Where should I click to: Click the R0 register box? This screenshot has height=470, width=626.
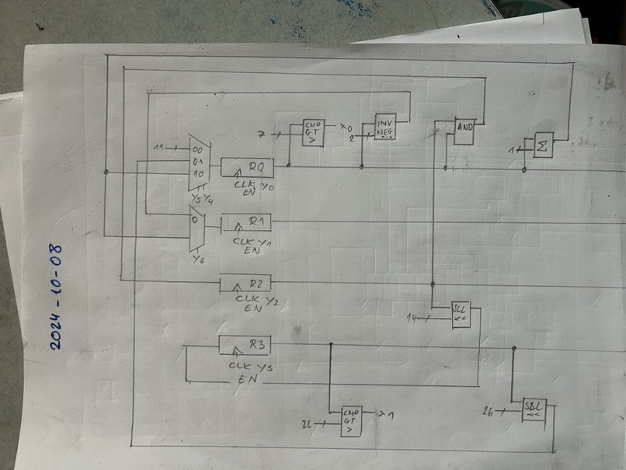click(246, 166)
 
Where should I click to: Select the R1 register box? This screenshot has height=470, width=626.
click(246, 223)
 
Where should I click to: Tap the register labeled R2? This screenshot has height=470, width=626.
click(245, 283)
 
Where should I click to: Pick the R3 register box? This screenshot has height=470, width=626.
click(244, 344)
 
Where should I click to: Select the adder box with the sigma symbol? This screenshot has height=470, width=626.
click(544, 144)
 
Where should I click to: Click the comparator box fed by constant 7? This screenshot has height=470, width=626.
click(314, 133)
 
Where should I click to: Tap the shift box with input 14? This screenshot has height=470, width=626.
click(461, 314)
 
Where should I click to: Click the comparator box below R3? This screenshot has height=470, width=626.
click(351, 420)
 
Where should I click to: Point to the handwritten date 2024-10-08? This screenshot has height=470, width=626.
click(55, 297)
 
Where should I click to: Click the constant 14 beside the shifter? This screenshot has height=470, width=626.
click(412, 318)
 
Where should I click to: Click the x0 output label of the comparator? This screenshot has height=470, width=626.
click(346, 127)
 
